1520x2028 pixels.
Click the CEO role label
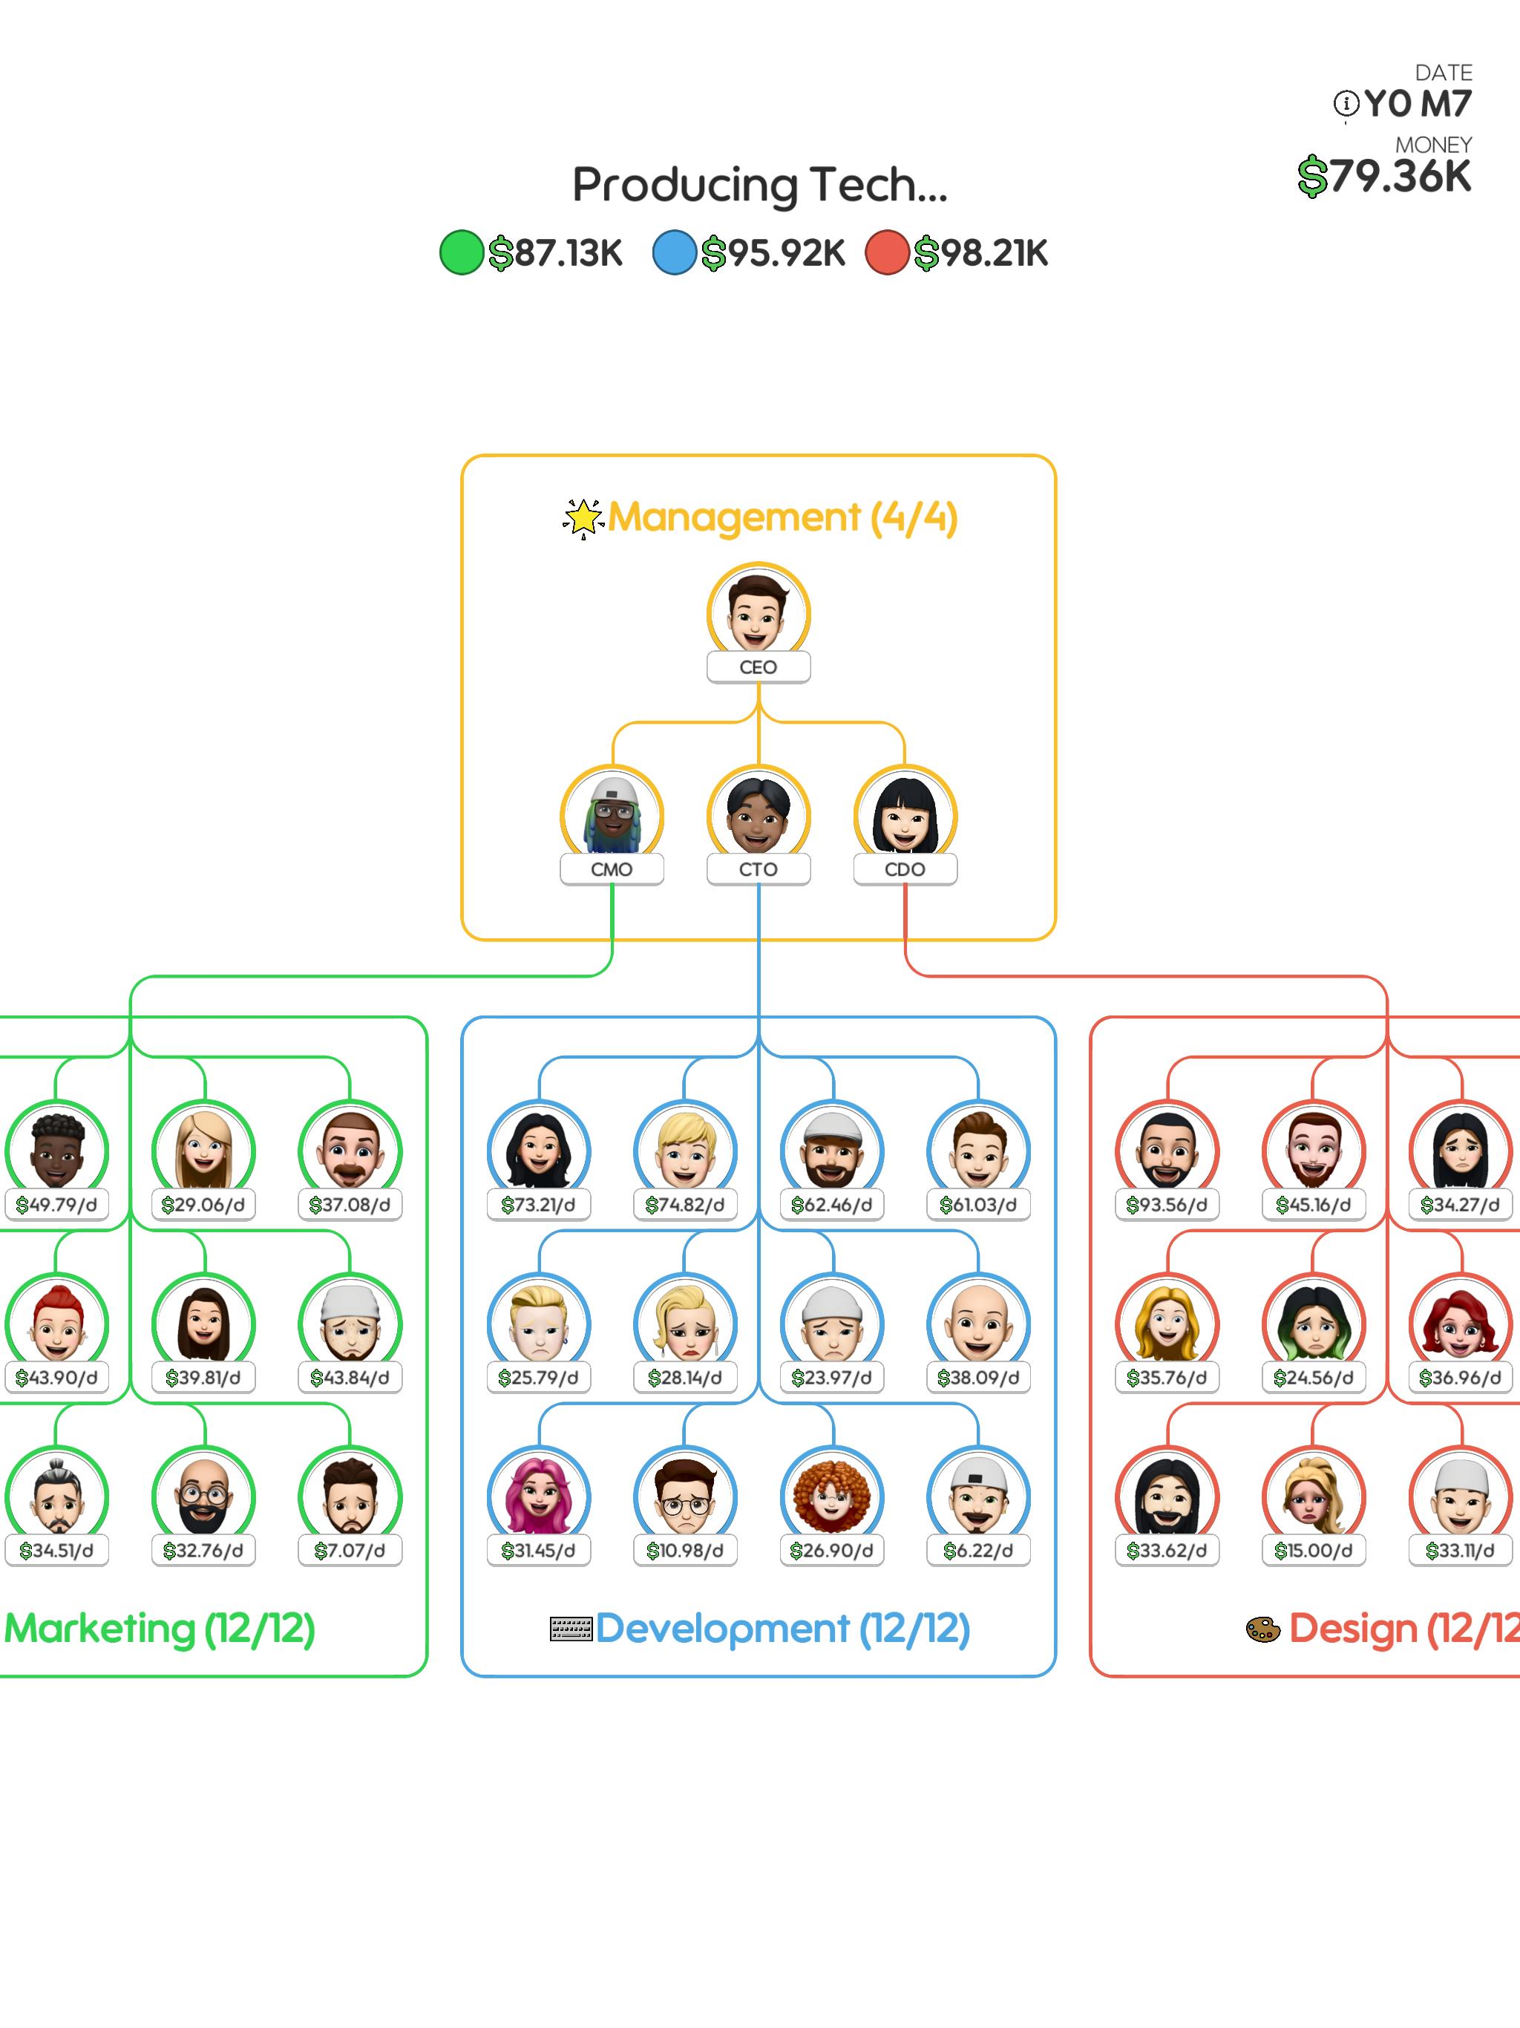pyautogui.click(x=759, y=667)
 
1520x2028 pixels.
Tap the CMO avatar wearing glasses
pyautogui.click(x=612, y=814)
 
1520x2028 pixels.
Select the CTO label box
pyautogui.click(x=759, y=869)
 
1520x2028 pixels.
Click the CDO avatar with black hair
pyautogui.click(x=905, y=814)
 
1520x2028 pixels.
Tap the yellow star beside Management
pyautogui.click(x=583, y=518)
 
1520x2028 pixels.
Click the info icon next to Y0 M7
pyautogui.click(x=1346, y=104)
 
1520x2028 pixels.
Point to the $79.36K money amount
pyautogui.click(x=1384, y=175)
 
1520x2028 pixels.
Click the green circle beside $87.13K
pyautogui.click(x=461, y=252)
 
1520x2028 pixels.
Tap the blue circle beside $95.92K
pyautogui.click(x=674, y=252)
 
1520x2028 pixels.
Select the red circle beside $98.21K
pyautogui.click(x=886, y=252)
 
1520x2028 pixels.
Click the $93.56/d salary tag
pyautogui.click(x=1167, y=1205)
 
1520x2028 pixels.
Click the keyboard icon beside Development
pyautogui.click(x=570, y=1629)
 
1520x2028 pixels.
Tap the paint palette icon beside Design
pyautogui.click(x=1262, y=1629)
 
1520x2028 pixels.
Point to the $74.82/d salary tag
pyautogui.click(x=685, y=1205)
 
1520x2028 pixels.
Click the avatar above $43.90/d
pyautogui.click(x=56, y=1322)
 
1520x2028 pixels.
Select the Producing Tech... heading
pyautogui.click(x=760, y=185)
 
